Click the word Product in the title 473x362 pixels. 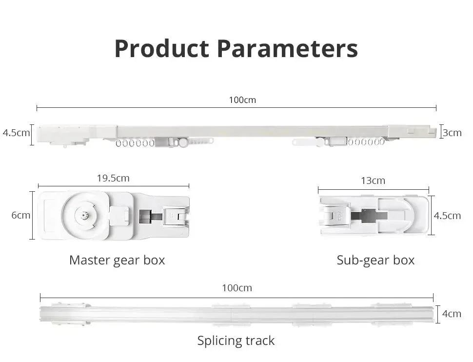pos(162,49)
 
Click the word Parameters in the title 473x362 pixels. pos(287,49)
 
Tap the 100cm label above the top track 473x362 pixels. pos(242,100)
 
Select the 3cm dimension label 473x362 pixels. pos(452,133)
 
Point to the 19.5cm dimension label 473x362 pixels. pos(113,178)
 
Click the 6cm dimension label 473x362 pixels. pos(21,215)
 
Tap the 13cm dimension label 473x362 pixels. pos(373,181)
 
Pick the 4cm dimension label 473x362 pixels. pos(452,313)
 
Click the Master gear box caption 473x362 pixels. pos(117,260)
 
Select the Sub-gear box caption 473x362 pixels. pos(375,260)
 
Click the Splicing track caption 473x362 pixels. pos(236,341)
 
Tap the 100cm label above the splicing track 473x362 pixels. pos(237,288)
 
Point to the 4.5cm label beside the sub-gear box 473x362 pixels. pos(447,216)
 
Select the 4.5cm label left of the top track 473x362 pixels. pos(16,133)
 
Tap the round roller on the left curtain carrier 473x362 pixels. pos(182,142)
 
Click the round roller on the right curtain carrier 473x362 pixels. pos(320,142)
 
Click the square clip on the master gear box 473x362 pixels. pos(120,215)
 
